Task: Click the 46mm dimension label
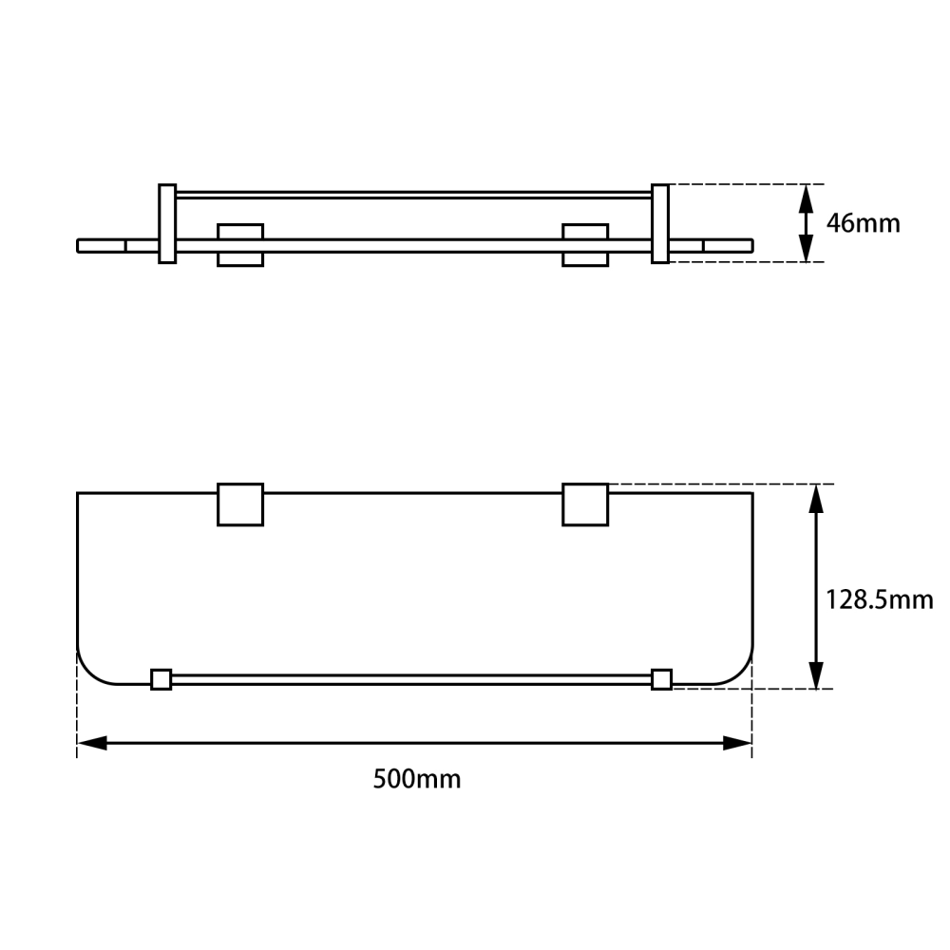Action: click(x=863, y=223)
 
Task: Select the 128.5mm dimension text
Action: click(x=879, y=599)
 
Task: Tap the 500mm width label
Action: click(x=417, y=779)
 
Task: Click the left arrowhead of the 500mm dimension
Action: click(x=92, y=743)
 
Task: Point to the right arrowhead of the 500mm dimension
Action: click(x=737, y=743)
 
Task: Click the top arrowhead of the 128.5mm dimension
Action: click(x=816, y=500)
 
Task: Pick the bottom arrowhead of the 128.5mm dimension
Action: click(x=816, y=674)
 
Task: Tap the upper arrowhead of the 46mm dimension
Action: click(x=806, y=199)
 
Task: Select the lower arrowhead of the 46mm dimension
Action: click(x=806, y=247)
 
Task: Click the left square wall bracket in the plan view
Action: click(x=240, y=504)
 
